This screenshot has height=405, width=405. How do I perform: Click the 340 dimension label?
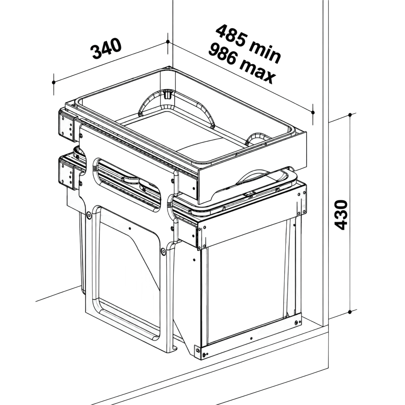(x=106, y=49)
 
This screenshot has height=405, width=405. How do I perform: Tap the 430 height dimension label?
(x=341, y=215)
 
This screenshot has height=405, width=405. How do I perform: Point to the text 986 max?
(x=242, y=64)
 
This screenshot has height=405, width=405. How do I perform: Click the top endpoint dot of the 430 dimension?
(x=350, y=115)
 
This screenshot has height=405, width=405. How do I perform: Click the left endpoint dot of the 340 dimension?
(x=54, y=82)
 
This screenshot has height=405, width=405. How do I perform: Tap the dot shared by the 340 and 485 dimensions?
(x=167, y=42)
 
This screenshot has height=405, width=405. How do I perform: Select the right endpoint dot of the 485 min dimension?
(x=313, y=113)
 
